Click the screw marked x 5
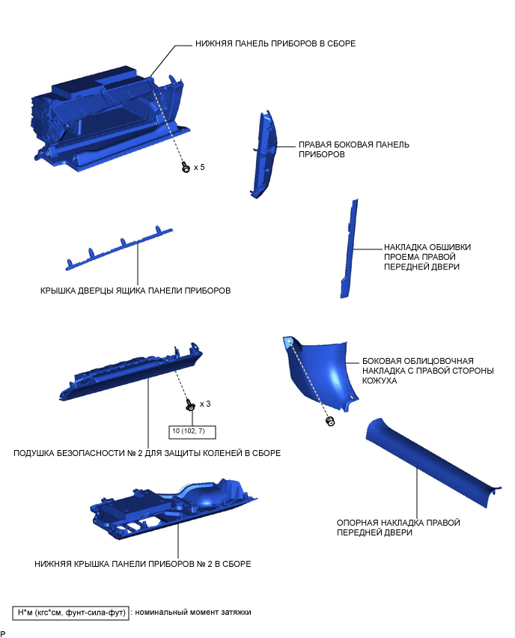click(x=186, y=167)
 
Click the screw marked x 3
click(x=190, y=404)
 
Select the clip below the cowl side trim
click(x=330, y=421)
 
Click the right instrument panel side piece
click(x=263, y=154)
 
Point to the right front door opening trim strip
click(x=350, y=249)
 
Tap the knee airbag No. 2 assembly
click(x=131, y=371)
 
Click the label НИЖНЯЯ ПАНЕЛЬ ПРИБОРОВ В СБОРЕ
click(x=275, y=43)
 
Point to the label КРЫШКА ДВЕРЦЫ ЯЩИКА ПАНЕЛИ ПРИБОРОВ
click(x=135, y=291)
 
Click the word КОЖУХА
click(x=380, y=380)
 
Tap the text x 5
click(x=199, y=167)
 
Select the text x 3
click(x=205, y=404)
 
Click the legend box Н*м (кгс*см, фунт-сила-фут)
click(x=71, y=613)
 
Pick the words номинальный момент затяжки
click(x=193, y=612)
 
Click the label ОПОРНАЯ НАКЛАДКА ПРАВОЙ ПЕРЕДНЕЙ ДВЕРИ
click(x=398, y=527)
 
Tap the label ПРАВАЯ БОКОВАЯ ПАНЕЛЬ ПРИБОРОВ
click(x=354, y=149)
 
